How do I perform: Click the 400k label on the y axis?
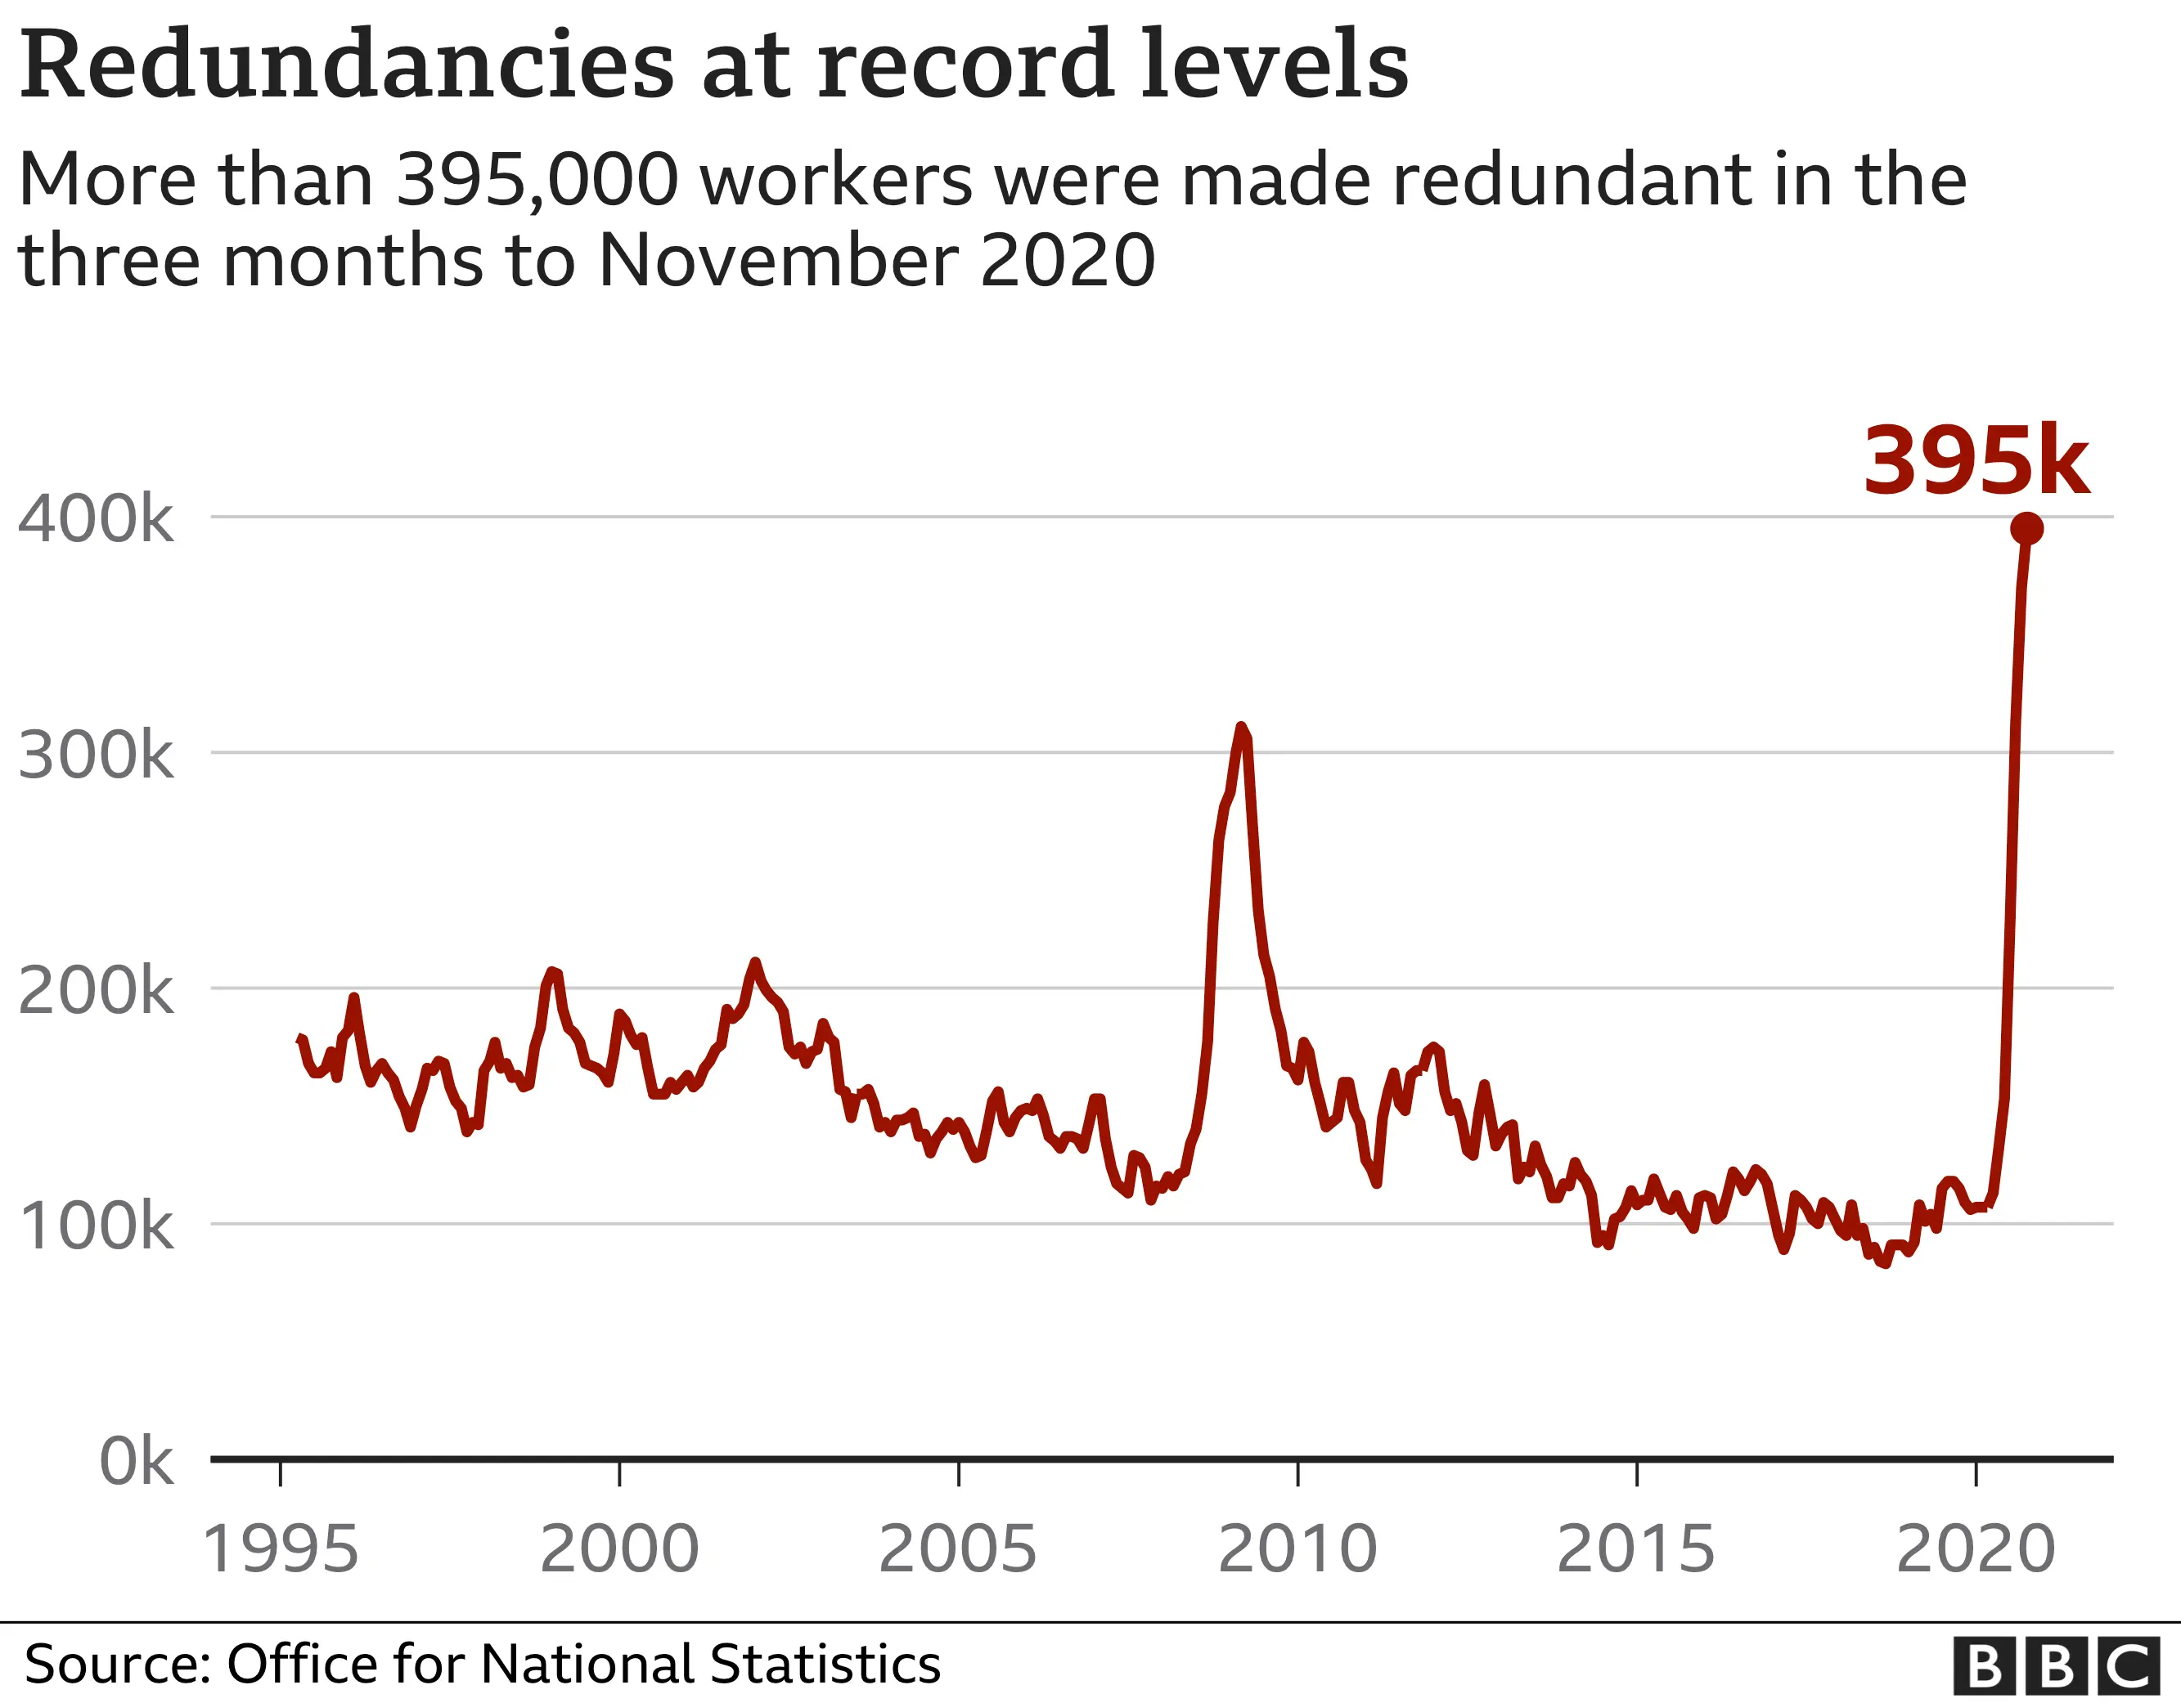[96, 519]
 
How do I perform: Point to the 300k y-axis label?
[96, 755]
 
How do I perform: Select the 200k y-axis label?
[96, 991]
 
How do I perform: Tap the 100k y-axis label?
[96, 1227]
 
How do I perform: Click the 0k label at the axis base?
[137, 1463]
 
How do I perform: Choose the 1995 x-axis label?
[281, 1549]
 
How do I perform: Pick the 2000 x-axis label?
[619, 1549]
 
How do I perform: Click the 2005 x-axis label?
[958, 1549]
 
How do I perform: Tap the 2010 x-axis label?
[1297, 1549]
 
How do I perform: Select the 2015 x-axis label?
[1636, 1549]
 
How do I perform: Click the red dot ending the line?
[2026, 529]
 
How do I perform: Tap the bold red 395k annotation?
[1976, 462]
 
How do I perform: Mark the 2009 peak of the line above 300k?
[1241, 728]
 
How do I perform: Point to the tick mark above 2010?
[1297, 1473]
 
